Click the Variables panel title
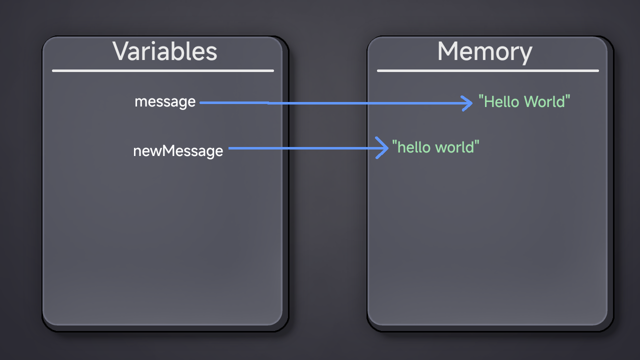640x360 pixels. pyautogui.click(x=165, y=51)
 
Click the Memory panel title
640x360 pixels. pyautogui.click(x=485, y=52)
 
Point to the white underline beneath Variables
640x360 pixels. pyautogui.click(x=163, y=70)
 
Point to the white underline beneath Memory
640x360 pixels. pyautogui.click(x=487, y=70)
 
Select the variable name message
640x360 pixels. pyautogui.click(x=165, y=102)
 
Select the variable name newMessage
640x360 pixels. pyautogui.click(x=178, y=151)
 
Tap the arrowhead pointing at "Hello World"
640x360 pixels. pyautogui.click(x=467, y=103)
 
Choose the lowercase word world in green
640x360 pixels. pyautogui.click(x=454, y=147)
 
